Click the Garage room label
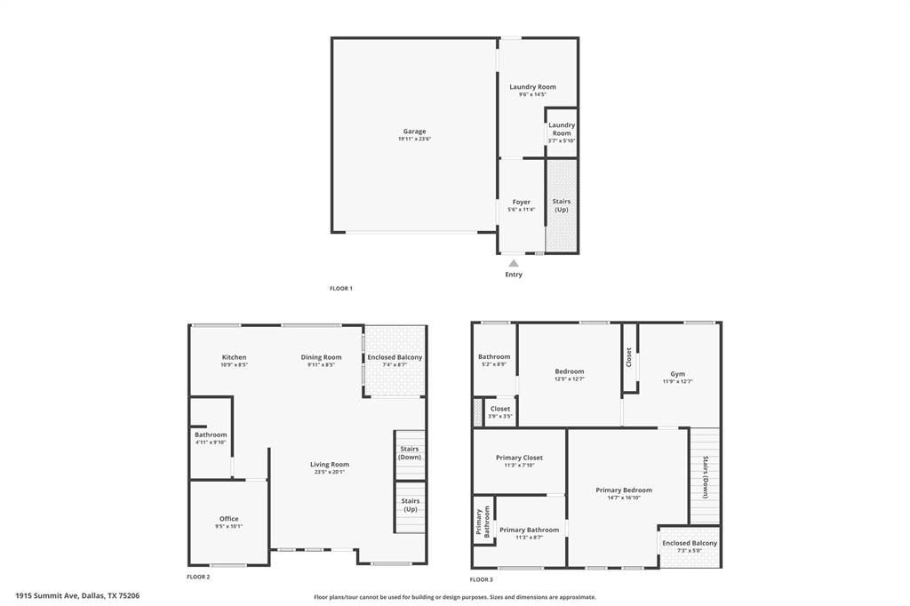pos(414,132)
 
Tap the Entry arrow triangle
pos(514,263)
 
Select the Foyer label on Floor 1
pos(521,202)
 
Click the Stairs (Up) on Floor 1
pos(561,205)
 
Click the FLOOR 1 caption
pos(341,289)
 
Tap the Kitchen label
pos(234,357)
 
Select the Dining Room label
pos(321,357)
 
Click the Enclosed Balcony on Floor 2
pos(395,360)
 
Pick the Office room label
pos(228,519)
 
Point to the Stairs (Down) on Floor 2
pos(410,452)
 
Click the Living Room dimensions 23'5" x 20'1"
pos(330,473)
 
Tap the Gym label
pos(678,374)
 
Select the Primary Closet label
pos(519,458)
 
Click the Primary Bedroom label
pos(624,490)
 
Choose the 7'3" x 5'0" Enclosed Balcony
pos(690,546)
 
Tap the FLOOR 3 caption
pos(482,579)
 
